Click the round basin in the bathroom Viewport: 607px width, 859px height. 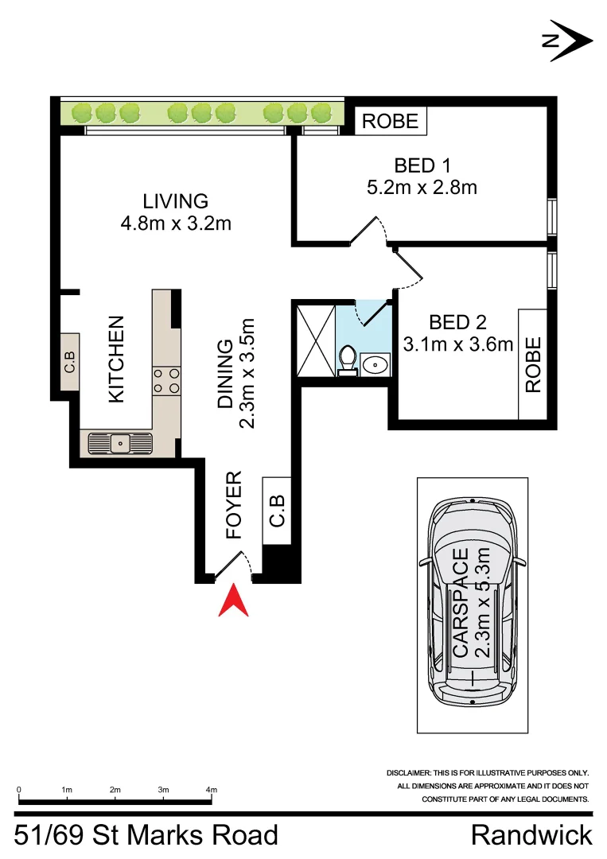[374, 364]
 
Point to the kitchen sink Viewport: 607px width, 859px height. [120, 442]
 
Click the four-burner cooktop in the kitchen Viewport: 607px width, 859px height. [166, 380]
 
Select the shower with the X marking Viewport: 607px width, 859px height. [313, 340]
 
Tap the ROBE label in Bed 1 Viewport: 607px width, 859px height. [390, 121]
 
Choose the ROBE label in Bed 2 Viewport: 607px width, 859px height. [532, 364]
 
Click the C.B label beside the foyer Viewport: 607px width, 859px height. [277, 509]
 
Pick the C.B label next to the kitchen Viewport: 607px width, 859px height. [69, 363]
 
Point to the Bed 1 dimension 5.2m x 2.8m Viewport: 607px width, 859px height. [422, 188]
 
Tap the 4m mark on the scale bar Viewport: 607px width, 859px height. [212, 790]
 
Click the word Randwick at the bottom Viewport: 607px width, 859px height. [531, 836]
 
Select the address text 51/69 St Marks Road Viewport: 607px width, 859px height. [147, 836]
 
